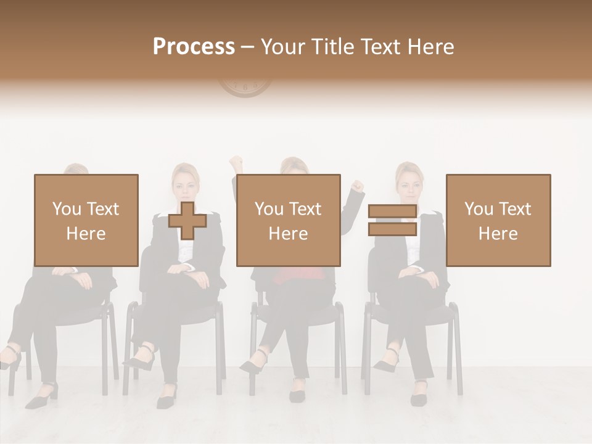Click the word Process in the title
point(194,46)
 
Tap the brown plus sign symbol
point(187,221)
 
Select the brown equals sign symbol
point(392,220)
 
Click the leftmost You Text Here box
point(86,220)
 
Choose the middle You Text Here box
point(288,220)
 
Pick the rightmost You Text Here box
point(498,220)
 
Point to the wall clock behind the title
point(245,88)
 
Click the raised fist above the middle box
point(235,163)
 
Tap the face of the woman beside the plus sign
point(186,183)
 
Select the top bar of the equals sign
point(392,212)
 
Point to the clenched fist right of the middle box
point(357,185)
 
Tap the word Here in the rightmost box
point(498,233)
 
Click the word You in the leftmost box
point(66,209)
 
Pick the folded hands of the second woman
point(184,270)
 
